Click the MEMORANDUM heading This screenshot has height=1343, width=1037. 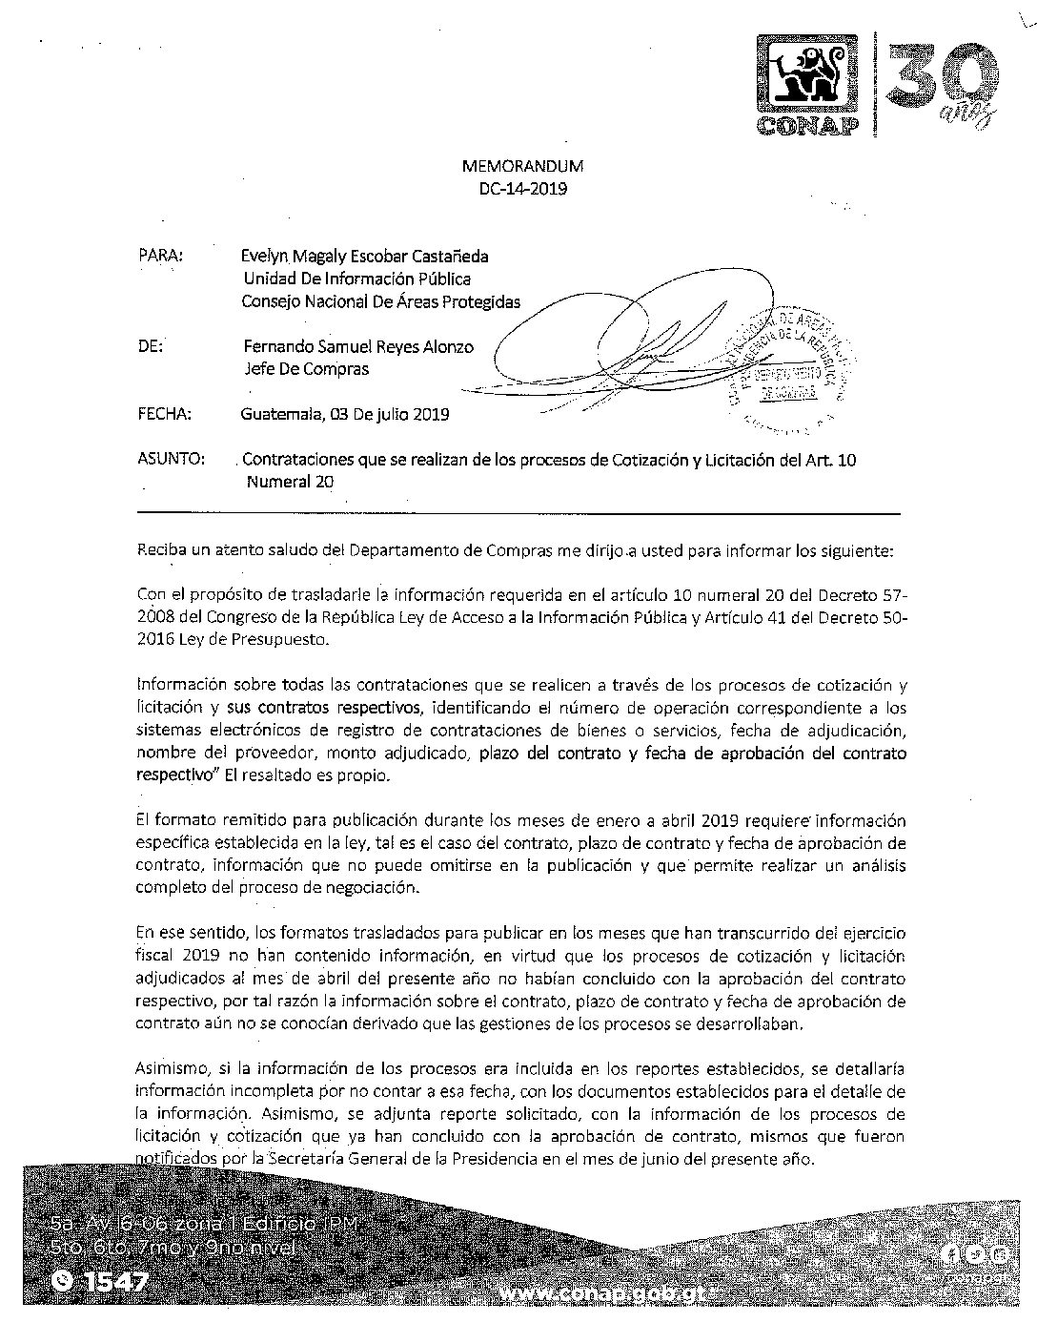click(x=522, y=166)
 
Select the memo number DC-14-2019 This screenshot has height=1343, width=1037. click(x=523, y=189)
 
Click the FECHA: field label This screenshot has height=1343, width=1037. click(x=165, y=414)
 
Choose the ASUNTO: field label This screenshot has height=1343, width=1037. click(x=172, y=460)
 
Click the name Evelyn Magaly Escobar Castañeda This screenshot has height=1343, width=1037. click(x=366, y=256)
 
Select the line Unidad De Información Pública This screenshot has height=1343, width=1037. click(x=356, y=279)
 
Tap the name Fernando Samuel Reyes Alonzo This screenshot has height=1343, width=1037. click(x=357, y=346)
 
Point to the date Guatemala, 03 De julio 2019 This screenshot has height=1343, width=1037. click(x=345, y=414)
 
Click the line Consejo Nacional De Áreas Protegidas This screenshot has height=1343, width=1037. click(x=382, y=301)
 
